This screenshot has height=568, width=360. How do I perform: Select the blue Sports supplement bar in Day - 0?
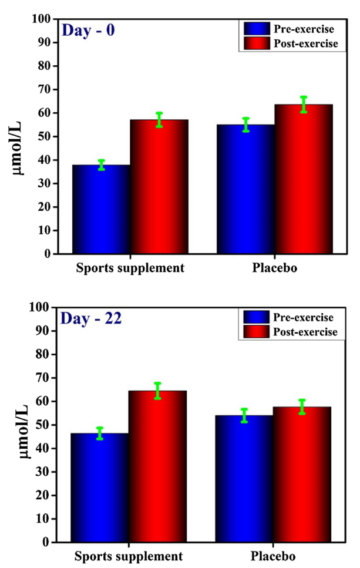click(100, 209)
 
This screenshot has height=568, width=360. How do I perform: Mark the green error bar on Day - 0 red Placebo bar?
click(290, 104)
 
